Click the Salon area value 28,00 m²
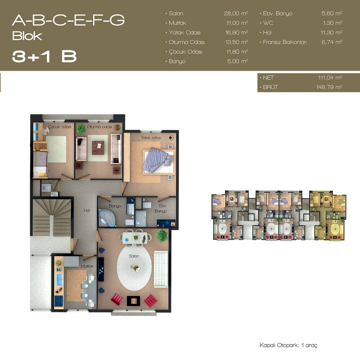236,13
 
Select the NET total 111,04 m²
330,77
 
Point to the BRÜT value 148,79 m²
329,87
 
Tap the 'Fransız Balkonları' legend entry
285,42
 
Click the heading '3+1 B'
44,57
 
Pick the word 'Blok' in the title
27,36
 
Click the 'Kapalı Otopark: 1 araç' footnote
288,345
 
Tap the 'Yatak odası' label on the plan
151,138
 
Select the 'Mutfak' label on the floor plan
87,266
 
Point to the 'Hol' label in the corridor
86,210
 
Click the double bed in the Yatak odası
158,160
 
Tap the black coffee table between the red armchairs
133,301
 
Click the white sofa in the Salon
161,269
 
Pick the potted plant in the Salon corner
162,235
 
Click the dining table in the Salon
135,238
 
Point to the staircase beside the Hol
51,217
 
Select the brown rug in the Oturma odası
98,148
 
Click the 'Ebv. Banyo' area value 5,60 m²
332,13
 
